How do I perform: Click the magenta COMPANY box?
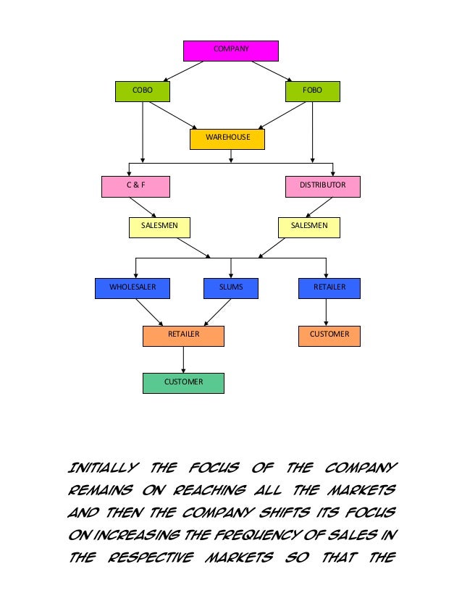pos(230,50)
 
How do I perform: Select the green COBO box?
pos(143,91)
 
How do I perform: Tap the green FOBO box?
pos(312,91)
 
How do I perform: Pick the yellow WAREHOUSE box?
pos(227,138)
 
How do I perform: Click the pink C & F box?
pos(136,186)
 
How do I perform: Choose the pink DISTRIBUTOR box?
pos(322,186)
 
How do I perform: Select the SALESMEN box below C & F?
pos(163,227)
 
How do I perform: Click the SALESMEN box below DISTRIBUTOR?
pos(308,227)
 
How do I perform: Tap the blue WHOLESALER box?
pos(132,288)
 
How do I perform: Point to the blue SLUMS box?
pos(231,288)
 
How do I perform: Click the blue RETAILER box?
pos(329,288)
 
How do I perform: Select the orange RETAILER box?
pos(183,335)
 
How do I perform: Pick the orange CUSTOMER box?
pos(329,335)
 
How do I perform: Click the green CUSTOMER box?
pos(183,382)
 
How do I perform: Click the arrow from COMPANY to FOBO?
pos(272,71)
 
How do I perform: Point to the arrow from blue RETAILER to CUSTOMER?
pos(326,312)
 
